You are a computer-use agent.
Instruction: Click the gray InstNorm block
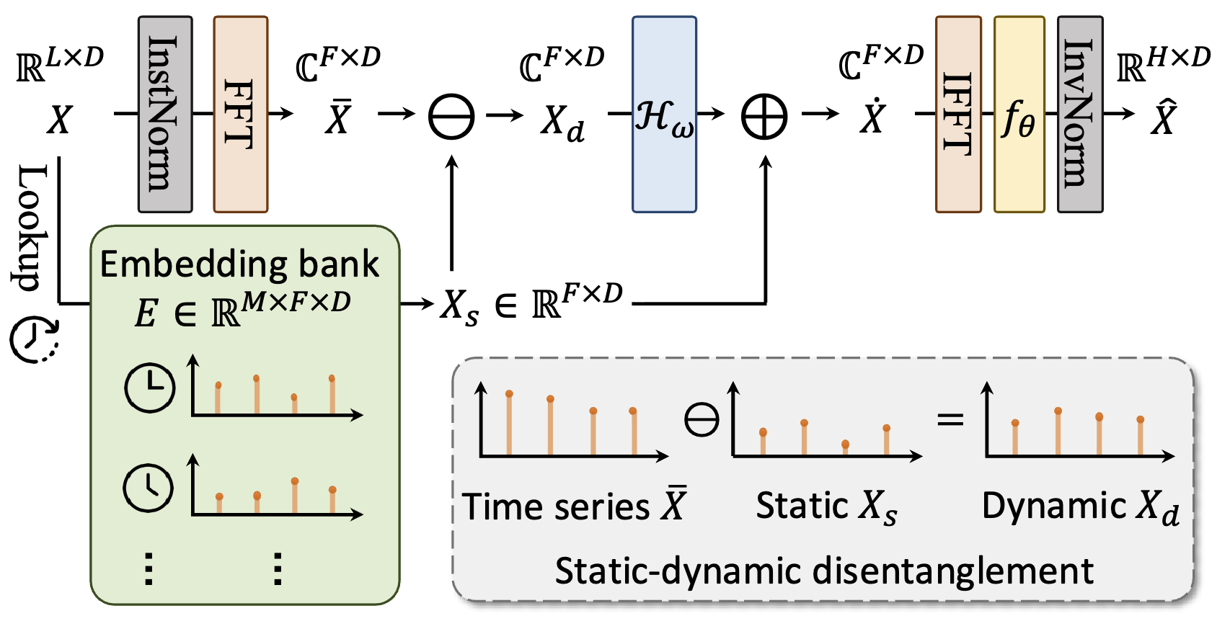pyautogui.click(x=165, y=115)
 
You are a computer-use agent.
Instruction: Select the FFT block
pyautogui.click(x=241, y=115)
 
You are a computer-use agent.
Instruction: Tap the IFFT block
pyautogui.click(x=958, y=115)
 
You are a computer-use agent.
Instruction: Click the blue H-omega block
pyautogui.click(x=664, y=115)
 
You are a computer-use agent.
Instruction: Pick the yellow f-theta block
pyautogui.click(x=1019, y=115)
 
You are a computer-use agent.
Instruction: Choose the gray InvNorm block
pyautogui.click(x=1079, y=115)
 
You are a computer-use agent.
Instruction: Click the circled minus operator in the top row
pyautogui.click(x=451, y=117)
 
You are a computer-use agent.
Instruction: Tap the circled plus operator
pyautogui.click(x=764, y=117)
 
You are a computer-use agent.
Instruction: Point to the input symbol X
pyautogui.click(x=59, y=120)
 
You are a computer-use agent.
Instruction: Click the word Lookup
pyautogui.click(x=32, y=227)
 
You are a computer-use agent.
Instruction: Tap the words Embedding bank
pyautogui.click(x=239, y=264)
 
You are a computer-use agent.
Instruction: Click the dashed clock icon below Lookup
pyautogui.click(x=33, y=339)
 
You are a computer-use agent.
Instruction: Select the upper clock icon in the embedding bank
pyautogui.click(x=149, y=388)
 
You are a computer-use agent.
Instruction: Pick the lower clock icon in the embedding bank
pyautogui.click(x=149, y=488)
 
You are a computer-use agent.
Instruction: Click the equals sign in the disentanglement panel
pyautogui.click(x=950, y=419)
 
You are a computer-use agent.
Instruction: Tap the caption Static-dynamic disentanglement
pyautogui.click(x=823, y=571)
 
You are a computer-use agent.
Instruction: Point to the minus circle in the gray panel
pyautogui.click(x=702, y=419)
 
